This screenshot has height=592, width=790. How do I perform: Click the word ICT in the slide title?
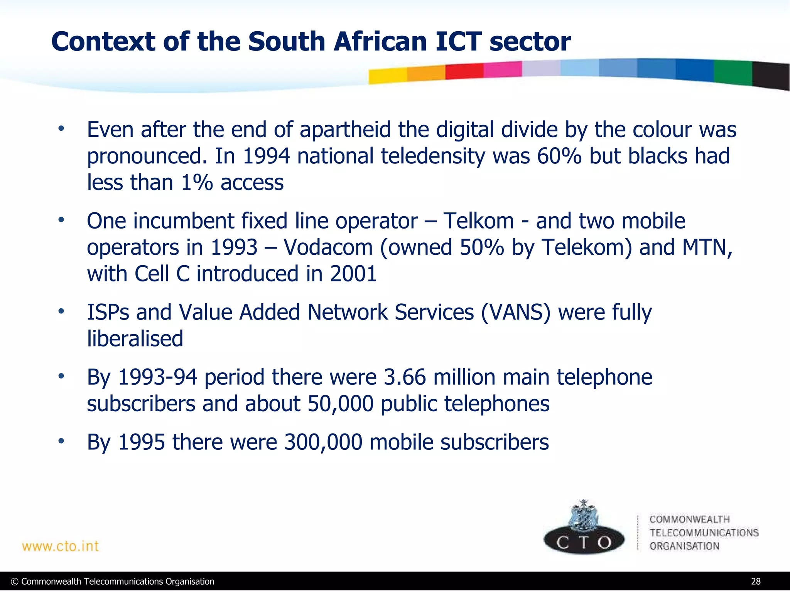point(458,42)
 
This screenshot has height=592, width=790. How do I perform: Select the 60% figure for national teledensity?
point(559,156)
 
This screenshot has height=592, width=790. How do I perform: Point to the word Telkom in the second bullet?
point(478,221)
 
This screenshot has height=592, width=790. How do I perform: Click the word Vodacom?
point(328,247)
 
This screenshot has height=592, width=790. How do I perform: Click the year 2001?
point(353,274)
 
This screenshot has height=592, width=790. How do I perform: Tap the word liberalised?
point(135,338)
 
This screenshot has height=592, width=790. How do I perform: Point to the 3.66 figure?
point(405,377)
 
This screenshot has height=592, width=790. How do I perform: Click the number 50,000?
point(340,404)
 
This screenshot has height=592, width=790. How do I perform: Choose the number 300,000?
point(323,442)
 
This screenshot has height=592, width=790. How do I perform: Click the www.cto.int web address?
point(61,546)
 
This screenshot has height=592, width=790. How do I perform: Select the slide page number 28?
point(756,582)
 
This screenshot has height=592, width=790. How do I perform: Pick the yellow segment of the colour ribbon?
point(387,76)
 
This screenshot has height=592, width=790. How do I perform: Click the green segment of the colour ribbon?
point(733,72)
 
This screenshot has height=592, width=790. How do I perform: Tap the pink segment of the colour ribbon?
point(502,70)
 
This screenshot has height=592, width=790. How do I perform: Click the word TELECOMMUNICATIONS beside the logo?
point(704,533)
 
